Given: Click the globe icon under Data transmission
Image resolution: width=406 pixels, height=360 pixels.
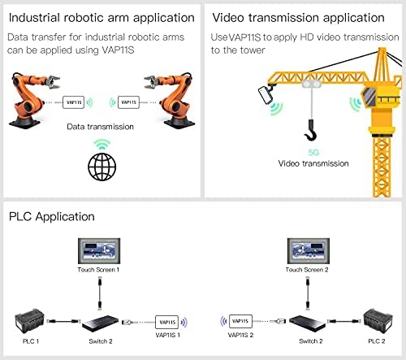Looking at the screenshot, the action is pos(102,167).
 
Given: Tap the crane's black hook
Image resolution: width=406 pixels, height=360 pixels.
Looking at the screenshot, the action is pos(311,131).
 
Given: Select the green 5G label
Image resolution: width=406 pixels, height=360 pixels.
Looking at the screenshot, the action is pos(313,153).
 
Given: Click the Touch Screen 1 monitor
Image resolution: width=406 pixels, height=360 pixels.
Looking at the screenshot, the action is pos(99,251).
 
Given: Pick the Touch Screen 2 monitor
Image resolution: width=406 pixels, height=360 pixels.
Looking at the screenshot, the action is pos(309,251).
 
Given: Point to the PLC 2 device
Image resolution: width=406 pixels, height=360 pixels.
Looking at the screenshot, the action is pos(378,321).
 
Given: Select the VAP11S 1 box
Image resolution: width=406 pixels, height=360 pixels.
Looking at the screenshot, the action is pos(166,322).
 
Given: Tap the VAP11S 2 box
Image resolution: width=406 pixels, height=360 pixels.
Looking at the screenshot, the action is pos(240,321).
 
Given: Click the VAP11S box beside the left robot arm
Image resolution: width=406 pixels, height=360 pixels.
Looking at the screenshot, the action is pos(73,102).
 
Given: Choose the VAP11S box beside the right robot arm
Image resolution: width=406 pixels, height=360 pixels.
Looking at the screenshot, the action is pos(128,102).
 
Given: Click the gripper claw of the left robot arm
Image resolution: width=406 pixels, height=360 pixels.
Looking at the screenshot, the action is pos(53,82).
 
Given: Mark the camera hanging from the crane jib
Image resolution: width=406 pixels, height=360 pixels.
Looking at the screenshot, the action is pos(266,94).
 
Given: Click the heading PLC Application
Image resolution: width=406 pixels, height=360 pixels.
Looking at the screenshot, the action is pos(52,217).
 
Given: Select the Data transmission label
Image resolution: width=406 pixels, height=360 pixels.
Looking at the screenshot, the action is pos(100,127).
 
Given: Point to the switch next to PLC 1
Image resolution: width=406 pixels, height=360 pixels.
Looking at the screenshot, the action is pos(100,323).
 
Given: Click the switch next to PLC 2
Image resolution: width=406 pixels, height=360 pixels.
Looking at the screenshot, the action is pos(307,323).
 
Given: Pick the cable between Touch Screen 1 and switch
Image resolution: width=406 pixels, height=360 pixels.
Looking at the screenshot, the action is pos(100,293).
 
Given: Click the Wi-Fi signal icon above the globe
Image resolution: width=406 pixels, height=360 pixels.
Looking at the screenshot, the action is pos(102,144).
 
